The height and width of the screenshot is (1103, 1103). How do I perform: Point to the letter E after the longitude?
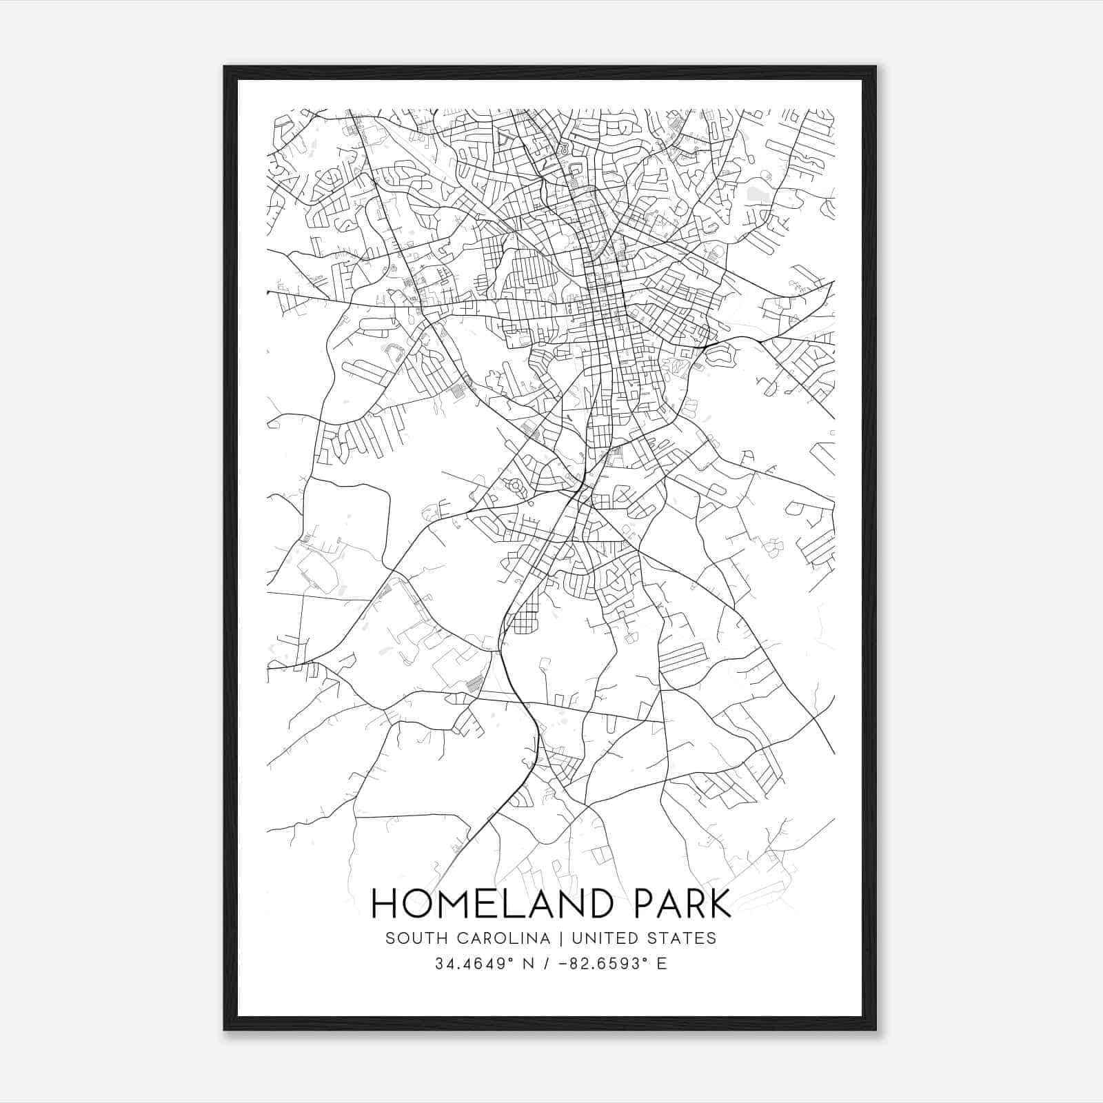662,964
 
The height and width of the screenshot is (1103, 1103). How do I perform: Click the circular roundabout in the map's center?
516,487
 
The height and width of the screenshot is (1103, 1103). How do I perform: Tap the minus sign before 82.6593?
564,964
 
